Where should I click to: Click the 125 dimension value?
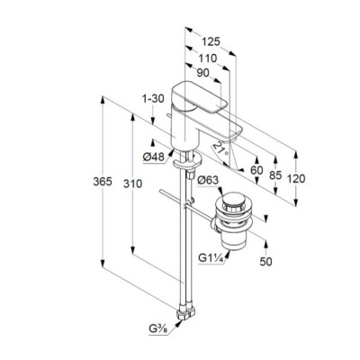[211, 41]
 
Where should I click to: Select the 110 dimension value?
[207, 58]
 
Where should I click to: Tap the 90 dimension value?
[202, 73]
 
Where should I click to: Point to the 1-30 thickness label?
[153, 98]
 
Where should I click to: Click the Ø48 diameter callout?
[154, 157]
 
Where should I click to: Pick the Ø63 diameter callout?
[208, 180]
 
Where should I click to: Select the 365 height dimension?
[103, 182]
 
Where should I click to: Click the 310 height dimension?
[132, 184]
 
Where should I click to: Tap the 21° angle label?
[221, 149]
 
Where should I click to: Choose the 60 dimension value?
[256, 170]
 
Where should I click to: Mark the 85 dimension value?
[275, 175]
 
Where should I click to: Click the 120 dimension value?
[296, 179]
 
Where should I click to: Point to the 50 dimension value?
[265, 262]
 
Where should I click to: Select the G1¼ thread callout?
[211, 258]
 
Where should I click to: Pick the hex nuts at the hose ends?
[186, 314]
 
